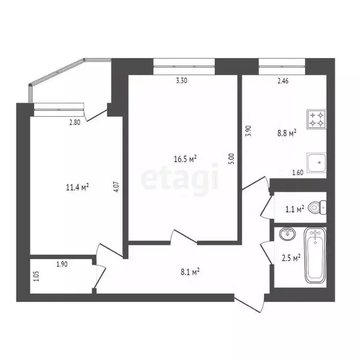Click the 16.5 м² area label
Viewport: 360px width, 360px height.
(185, 159)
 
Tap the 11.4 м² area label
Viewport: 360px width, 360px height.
(78, 187)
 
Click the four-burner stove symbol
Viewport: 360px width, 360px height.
(316, 119)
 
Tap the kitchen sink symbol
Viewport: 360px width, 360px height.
(316, 163)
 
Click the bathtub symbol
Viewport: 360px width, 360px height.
(315, 255)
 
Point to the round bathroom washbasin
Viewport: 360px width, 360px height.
(286, 233)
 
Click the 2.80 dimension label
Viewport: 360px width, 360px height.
(75, 123)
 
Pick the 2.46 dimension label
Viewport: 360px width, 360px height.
(283, 81)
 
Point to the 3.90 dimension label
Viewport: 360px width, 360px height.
(249, 130)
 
